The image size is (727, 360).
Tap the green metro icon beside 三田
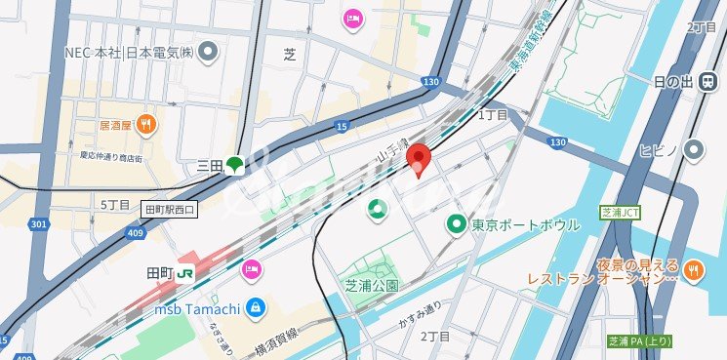click(x=235, y=165)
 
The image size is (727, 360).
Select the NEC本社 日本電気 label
click(x=127, y=52)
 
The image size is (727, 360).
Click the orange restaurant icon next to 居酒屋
click(x=144, y=123)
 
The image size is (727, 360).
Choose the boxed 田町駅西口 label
click(x=170, y=209)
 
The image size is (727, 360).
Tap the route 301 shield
click(x=37, y=225)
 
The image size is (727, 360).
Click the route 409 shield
click(x=135, y=232)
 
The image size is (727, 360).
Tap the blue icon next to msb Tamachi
click(x=254, y=308)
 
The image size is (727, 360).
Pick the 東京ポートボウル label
click(x=525, y=225)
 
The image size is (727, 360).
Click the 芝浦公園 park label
click(x=372, y=286)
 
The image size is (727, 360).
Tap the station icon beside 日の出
click(x=704, y=83)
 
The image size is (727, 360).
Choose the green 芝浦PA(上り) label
click(x=639, y=341)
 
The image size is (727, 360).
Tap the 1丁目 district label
click(x=492, y=115)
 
